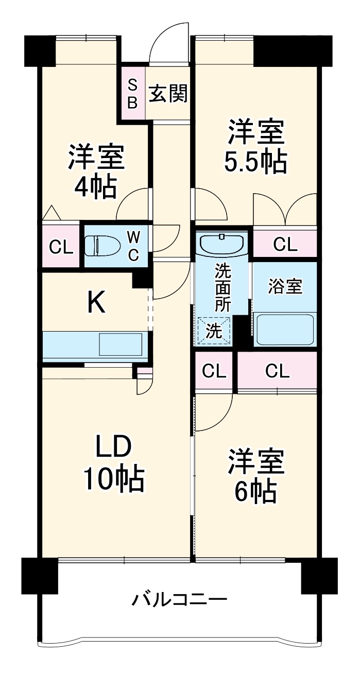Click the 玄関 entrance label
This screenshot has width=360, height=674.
[x=168, y=94]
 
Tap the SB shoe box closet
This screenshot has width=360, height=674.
[x=132, y=94]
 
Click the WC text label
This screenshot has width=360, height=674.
[x=133, y=246]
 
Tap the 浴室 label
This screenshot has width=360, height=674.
[x=285, y=287]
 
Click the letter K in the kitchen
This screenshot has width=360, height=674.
[x=96, y=302]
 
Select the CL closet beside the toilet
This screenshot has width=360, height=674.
[x=61, y=247]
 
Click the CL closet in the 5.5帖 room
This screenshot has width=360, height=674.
[x=285, y=245]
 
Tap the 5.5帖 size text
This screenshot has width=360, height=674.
[x=255, y=162]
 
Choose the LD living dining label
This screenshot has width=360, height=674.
[x=115, y=448]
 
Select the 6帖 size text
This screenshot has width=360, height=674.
[x=256, y=492]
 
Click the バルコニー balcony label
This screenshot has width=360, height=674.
[x=179, y=600]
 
